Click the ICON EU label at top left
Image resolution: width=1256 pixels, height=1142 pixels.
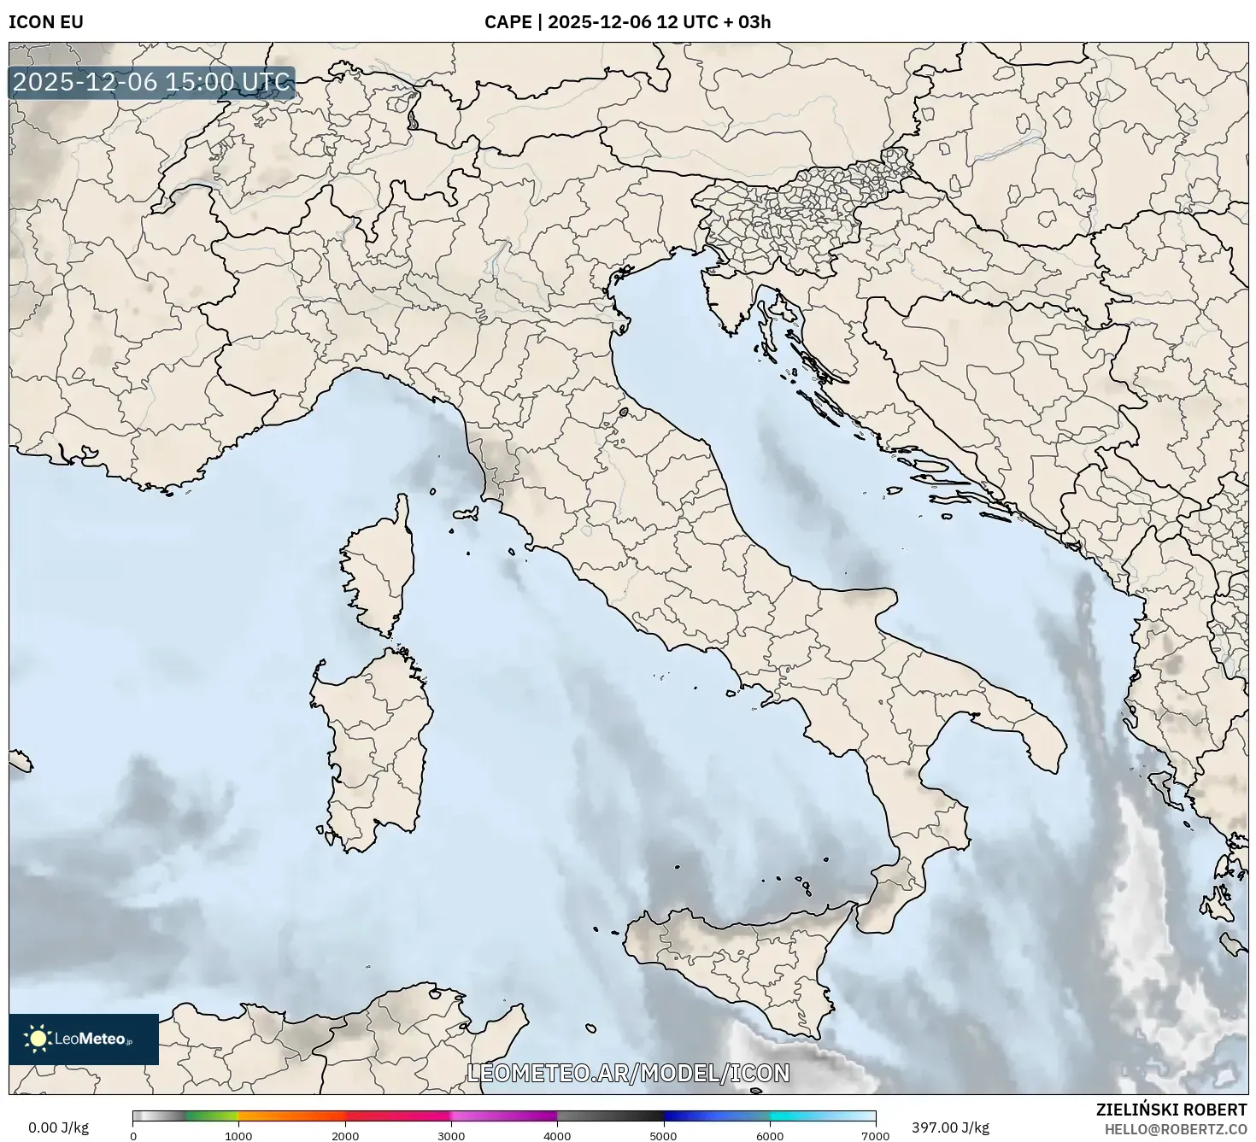pyautogui.click(x=46, y=22)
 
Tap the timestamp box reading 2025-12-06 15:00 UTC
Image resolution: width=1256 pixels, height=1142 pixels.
pyautogui.click(x=152, y=83)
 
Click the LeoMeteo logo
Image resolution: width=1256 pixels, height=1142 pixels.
pyautogui.click(x=84, y=1039)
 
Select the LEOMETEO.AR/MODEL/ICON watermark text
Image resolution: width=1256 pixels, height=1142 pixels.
pyautogui.click(x=628, y=1073)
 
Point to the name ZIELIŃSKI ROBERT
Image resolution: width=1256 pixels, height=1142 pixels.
pyautogui.click(x=1171, y=1110)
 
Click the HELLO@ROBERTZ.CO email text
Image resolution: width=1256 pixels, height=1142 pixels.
pyautogui.click(x=1175, y=1128)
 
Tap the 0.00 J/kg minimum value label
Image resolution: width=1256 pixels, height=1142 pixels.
pyautogui.click(x=58, y=1127)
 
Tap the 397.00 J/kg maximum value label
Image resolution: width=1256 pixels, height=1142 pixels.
pyautogui.click(x=950, y=1127)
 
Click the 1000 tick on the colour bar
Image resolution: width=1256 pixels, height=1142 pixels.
pyautogui.click(x=238, y=1135)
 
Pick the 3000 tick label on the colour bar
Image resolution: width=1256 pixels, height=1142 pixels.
pyautogui.click(x=451, y=1135)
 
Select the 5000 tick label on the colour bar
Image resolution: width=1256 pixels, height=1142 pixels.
pyautogui.click(x=664, y=1135)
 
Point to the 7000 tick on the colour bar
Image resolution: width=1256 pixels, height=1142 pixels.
pyautogui.click(x=876, y=1135)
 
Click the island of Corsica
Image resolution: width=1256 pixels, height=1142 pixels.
pyautogui.click(x=380, y=568)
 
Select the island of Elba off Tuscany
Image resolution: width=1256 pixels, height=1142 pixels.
pyautogui.click(x=466, y=514)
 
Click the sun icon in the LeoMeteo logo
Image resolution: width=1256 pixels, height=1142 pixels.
pyautogui.click(x=38, y=1039)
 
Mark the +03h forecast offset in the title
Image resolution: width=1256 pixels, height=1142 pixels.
pyautogui.click(x=754, y=22)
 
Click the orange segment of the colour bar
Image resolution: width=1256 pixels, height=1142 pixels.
pyautogui.click(x=291, y=1116)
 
